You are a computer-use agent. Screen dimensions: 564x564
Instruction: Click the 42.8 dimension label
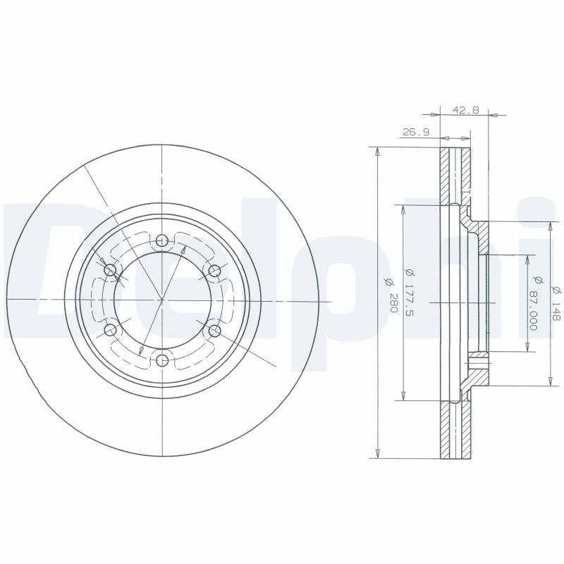[466, 110]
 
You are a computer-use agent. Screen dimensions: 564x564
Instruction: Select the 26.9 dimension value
[416, 133]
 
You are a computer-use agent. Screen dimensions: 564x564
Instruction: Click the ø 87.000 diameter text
[536, 303]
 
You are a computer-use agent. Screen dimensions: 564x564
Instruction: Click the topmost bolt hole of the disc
[162, 240]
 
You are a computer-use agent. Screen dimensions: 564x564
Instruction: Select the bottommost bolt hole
[163, 360]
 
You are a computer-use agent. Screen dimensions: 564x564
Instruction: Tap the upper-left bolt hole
[110, 270]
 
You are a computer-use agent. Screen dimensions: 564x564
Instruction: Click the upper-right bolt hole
[214, 271]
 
